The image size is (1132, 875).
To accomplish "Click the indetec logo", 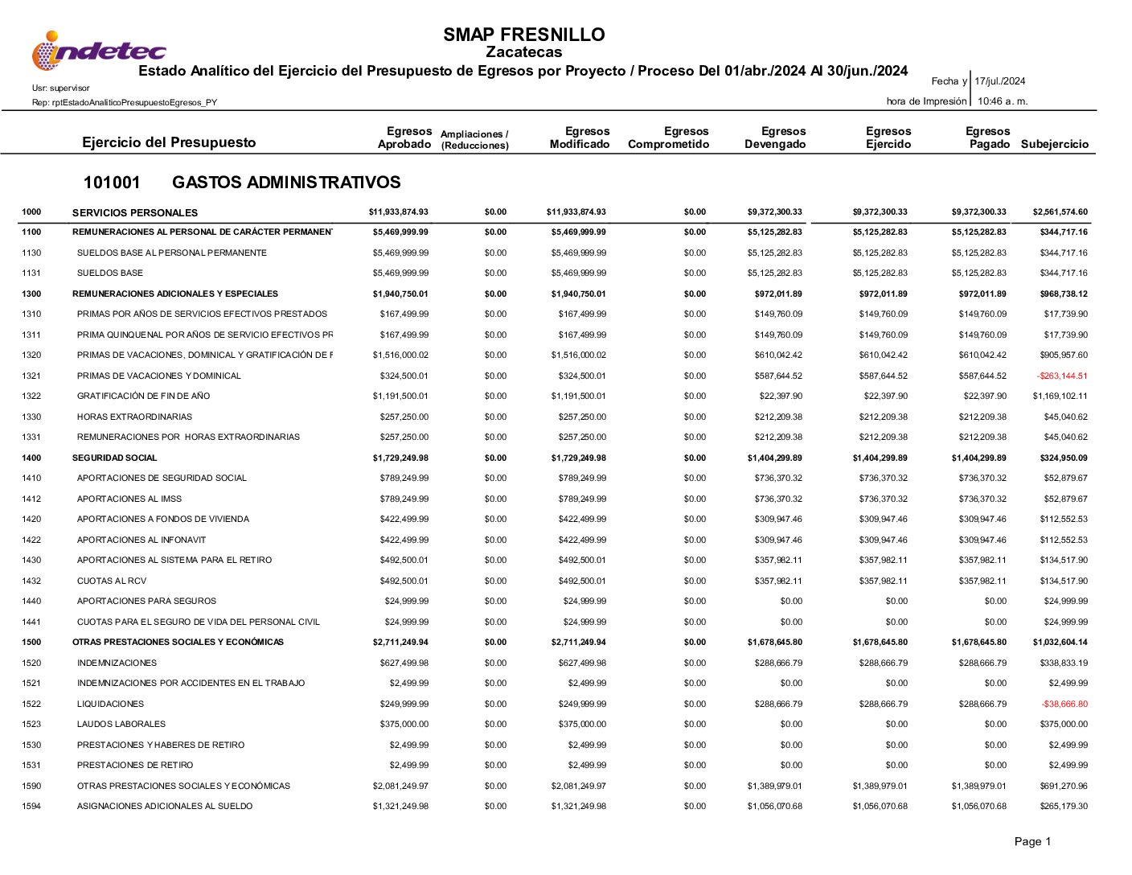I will tap(98, 51).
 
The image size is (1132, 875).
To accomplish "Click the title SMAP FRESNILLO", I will tap(523, 35).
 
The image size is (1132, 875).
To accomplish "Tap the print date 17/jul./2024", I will tap(999, 81).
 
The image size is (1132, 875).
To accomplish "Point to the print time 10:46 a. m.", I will tap(1003, 101).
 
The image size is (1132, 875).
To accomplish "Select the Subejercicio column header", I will tap(1054, 145).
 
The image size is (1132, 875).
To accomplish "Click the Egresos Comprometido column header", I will tap(668, 138).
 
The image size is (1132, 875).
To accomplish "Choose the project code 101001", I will tap(112, 183).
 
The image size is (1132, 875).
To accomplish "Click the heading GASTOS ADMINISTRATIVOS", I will tap(286, 183).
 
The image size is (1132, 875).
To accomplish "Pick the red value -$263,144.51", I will tap(1061, 376).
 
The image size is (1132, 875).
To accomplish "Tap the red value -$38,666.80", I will tap(1064, 704).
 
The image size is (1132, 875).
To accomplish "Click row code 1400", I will tap(31, 458).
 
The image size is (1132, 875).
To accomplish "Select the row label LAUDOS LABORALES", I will tap(121, 724).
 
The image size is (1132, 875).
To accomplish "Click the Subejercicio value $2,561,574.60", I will tap(1060, 212).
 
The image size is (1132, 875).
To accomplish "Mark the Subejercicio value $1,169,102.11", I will tap(1060, 396).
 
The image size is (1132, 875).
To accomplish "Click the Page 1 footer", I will tap(1032, 842).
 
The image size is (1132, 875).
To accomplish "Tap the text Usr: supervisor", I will tap(61, 88).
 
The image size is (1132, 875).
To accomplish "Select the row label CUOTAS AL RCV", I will tap(112, 581).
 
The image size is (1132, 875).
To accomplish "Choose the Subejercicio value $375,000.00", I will tap(1063, 724).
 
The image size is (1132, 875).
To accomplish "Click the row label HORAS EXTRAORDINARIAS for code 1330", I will tap(134, 417).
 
